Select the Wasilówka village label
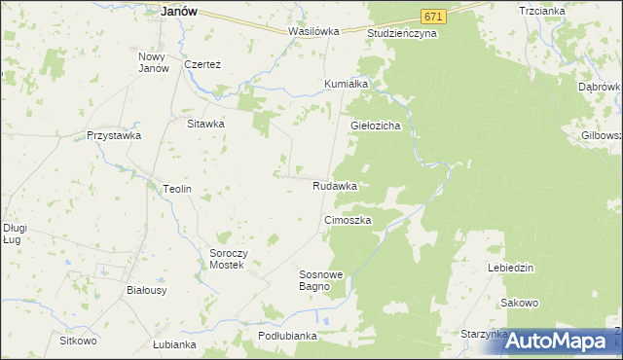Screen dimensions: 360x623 (313, 31)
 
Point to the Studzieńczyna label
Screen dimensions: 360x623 (402, 33)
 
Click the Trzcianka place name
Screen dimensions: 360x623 (569, 11)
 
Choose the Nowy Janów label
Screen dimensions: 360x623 (154, 61)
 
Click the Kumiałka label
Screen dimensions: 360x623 (346, 84)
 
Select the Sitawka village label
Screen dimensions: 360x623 (206, 124)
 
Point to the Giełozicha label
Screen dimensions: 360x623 (376, 126)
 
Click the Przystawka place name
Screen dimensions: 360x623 (114, 136)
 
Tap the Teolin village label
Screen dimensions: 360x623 (176, 189)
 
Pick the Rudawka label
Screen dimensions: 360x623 (334, 185)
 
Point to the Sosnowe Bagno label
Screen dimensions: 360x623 (321, 280)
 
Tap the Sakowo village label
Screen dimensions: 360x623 (520, 303)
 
